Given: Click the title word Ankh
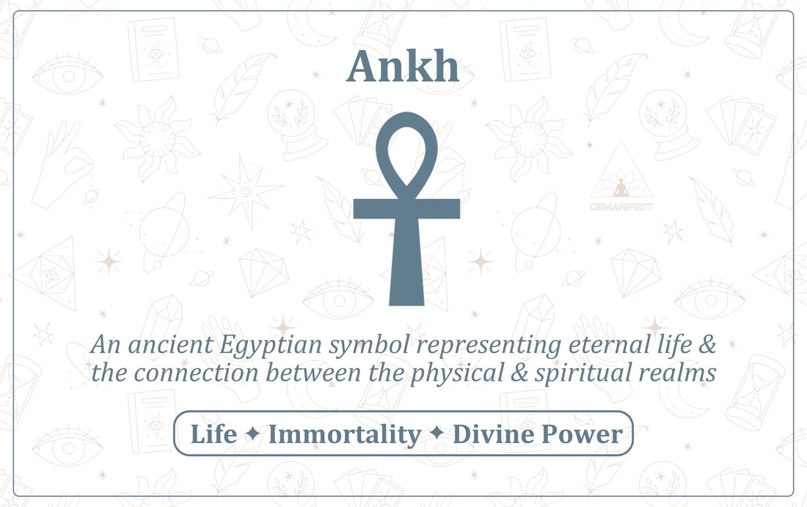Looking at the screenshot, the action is click(403, 66).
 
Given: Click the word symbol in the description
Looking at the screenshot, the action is click(370, 346).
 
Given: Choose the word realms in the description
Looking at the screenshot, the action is click(677, 373).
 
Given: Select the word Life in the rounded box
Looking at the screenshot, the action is click(213, 434).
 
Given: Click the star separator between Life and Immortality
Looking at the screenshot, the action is click(252, 434).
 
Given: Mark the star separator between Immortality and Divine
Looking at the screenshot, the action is click(437, 434).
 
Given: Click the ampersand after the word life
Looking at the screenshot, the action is click(707, 344).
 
